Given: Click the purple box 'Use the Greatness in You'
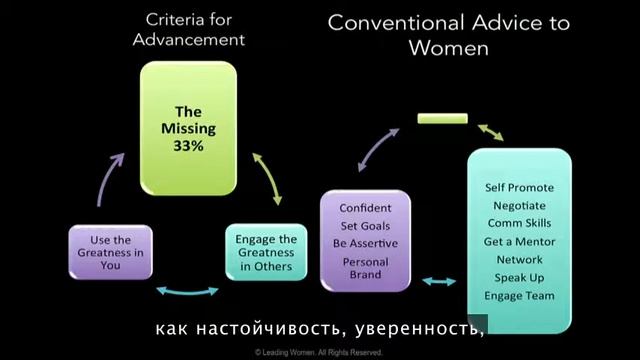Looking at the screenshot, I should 109,252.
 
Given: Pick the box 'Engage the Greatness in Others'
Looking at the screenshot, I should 265,251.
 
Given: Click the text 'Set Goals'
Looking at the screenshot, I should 365,224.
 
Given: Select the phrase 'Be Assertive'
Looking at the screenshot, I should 365,241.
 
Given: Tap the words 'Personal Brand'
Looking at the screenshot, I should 365,268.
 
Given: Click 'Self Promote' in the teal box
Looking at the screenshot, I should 519,187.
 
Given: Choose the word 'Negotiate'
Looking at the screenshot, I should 519,205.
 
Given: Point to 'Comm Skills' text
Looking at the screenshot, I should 519,223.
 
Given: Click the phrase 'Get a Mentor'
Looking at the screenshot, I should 519,241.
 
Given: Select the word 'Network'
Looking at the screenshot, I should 519,259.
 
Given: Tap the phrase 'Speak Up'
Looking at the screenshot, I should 519,277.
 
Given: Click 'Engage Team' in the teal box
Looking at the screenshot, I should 519,296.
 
